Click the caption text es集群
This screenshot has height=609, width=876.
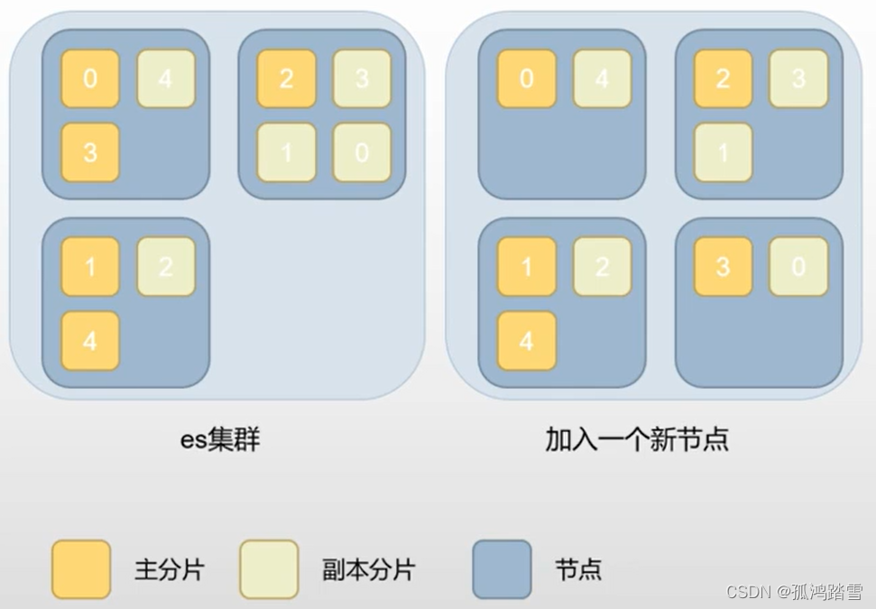[x=220, y=439]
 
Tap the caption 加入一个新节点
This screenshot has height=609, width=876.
[x=637, y=439]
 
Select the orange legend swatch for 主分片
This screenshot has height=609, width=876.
[x=81, y=568]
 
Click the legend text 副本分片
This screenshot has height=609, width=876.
[x=369, y=569]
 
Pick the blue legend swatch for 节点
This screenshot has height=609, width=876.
[x=502, y=568]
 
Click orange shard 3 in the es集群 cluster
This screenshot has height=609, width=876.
[x=90, y=152]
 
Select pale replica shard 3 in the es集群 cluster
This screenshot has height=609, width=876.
[x=362, y=78]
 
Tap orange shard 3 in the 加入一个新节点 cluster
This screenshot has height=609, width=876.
[x=723, y=266]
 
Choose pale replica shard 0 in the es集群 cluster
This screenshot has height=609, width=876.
[x=362, y=152]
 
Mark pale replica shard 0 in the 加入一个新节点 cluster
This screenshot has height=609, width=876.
[x=798, y=266]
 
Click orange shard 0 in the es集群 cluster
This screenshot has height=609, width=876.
[x=90, y=78]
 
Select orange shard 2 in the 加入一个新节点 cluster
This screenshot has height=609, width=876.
[x=723, y=78]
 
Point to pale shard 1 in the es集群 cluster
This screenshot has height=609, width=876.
[x=286, y=152]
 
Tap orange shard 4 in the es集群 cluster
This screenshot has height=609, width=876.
[x=90, y=340]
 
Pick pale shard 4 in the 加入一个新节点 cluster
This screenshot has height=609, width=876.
[x=603, y=78]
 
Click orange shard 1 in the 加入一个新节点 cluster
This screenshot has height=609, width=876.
[x=527, y=266]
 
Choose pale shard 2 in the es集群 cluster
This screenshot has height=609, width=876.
[x=166, y=266]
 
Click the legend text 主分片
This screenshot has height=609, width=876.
[x=169, y=569]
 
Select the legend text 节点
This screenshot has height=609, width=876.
[x=578, y=569]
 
